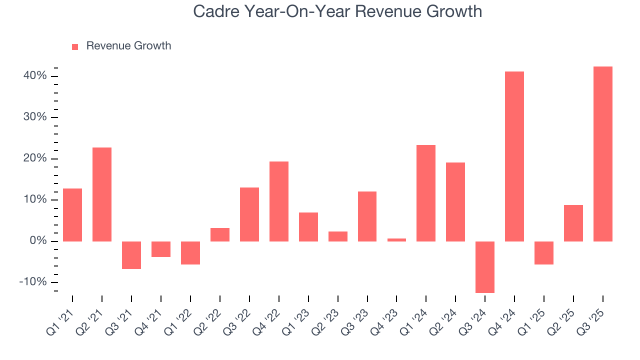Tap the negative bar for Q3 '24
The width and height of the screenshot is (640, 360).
[x=484, y=267]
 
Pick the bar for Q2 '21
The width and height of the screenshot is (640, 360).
[x=102, y=194]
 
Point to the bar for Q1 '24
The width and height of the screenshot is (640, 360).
[x=425, y=193]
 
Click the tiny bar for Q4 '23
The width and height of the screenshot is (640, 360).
[x=396, y=240]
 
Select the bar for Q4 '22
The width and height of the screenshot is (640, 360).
[x=278, y=201]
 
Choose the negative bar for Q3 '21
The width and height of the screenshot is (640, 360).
[x=131, y=255]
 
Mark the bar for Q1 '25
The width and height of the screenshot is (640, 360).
[x=543, y=253]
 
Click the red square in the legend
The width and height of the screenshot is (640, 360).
[x=75, y=46]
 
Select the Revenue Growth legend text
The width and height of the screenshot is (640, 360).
[x=128, y=46]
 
